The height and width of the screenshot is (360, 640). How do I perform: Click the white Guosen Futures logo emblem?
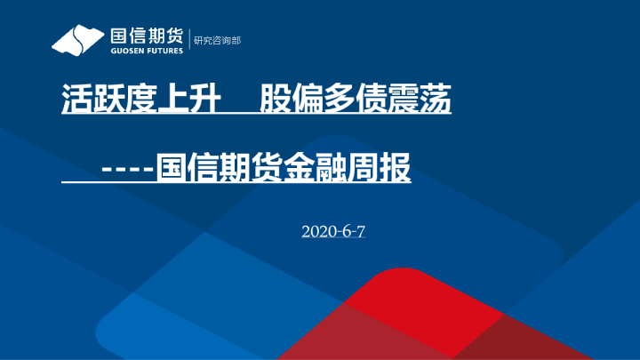77,39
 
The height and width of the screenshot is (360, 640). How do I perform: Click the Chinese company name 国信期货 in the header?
147,36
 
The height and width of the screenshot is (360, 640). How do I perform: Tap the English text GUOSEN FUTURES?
147,51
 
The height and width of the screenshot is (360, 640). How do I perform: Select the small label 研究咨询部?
217,40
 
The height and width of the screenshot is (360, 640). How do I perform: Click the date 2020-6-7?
333,231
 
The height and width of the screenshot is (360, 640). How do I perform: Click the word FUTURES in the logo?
164,51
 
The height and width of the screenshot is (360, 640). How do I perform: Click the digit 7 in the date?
362,231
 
